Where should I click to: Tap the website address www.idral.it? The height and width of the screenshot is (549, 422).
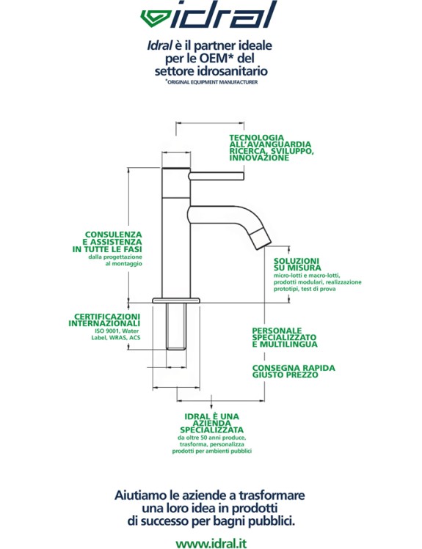(x=211, y=543)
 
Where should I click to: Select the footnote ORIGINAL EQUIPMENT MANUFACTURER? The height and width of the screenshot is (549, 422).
(x=212, y=82)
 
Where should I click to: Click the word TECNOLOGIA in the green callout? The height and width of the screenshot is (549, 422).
(x=257, y=138)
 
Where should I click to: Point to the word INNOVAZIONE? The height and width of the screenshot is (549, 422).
(x=259, y=158)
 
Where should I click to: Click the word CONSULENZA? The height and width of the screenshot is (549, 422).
(x=114, y=235)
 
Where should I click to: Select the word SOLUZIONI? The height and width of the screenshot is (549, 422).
(x=297, y=261)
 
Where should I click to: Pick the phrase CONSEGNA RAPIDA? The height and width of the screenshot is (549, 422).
(x=294, y=368)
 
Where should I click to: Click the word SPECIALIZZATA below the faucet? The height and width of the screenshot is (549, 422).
(x=211, y=430)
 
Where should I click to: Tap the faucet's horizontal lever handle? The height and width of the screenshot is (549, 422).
(x=217, y=176)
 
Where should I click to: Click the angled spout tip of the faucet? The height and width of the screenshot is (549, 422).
(x=262, y=238)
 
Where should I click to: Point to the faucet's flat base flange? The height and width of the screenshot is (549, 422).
(x=176, y=301)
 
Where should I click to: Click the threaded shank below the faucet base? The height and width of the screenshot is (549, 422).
(x=176, y=326)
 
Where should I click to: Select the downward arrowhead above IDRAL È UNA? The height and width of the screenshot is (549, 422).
(x=211, y=406)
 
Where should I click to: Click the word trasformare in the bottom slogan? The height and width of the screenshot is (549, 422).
(x=272, y=495)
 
